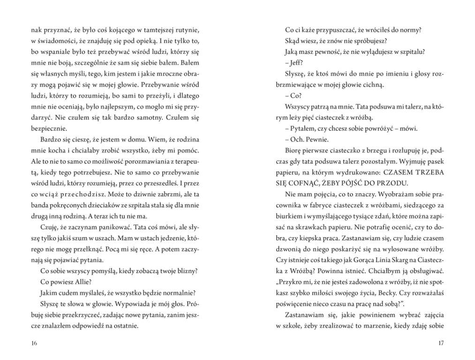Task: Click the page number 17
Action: [440, 343]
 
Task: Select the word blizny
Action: [186, 271]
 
